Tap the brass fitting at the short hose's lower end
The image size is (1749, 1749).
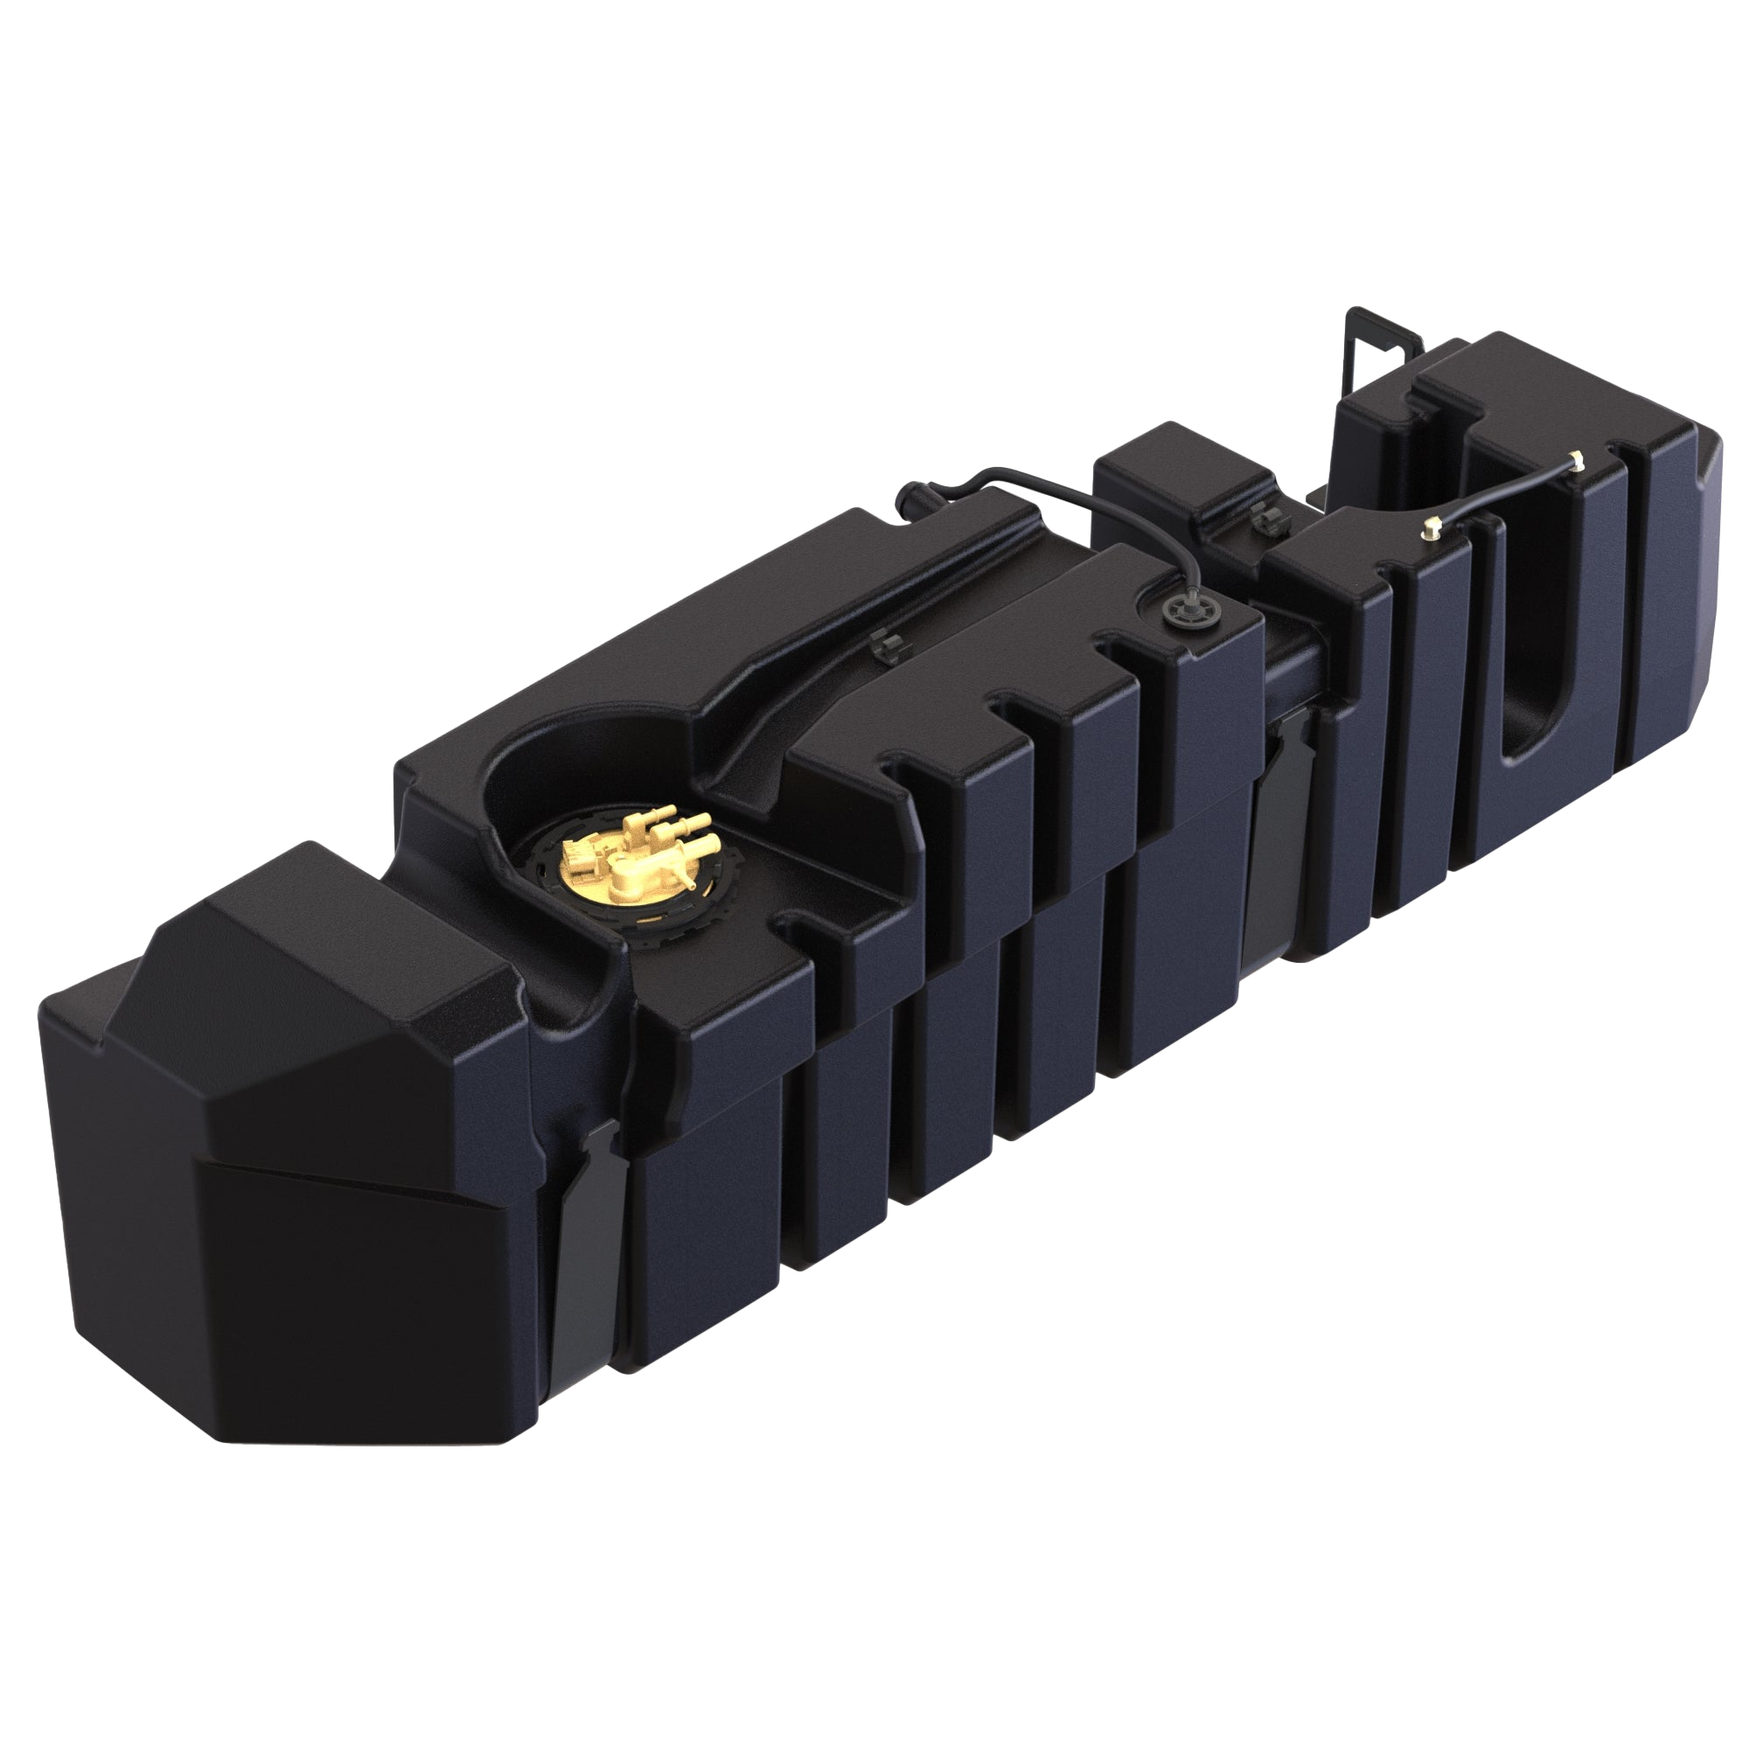[x=1432, y=529]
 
